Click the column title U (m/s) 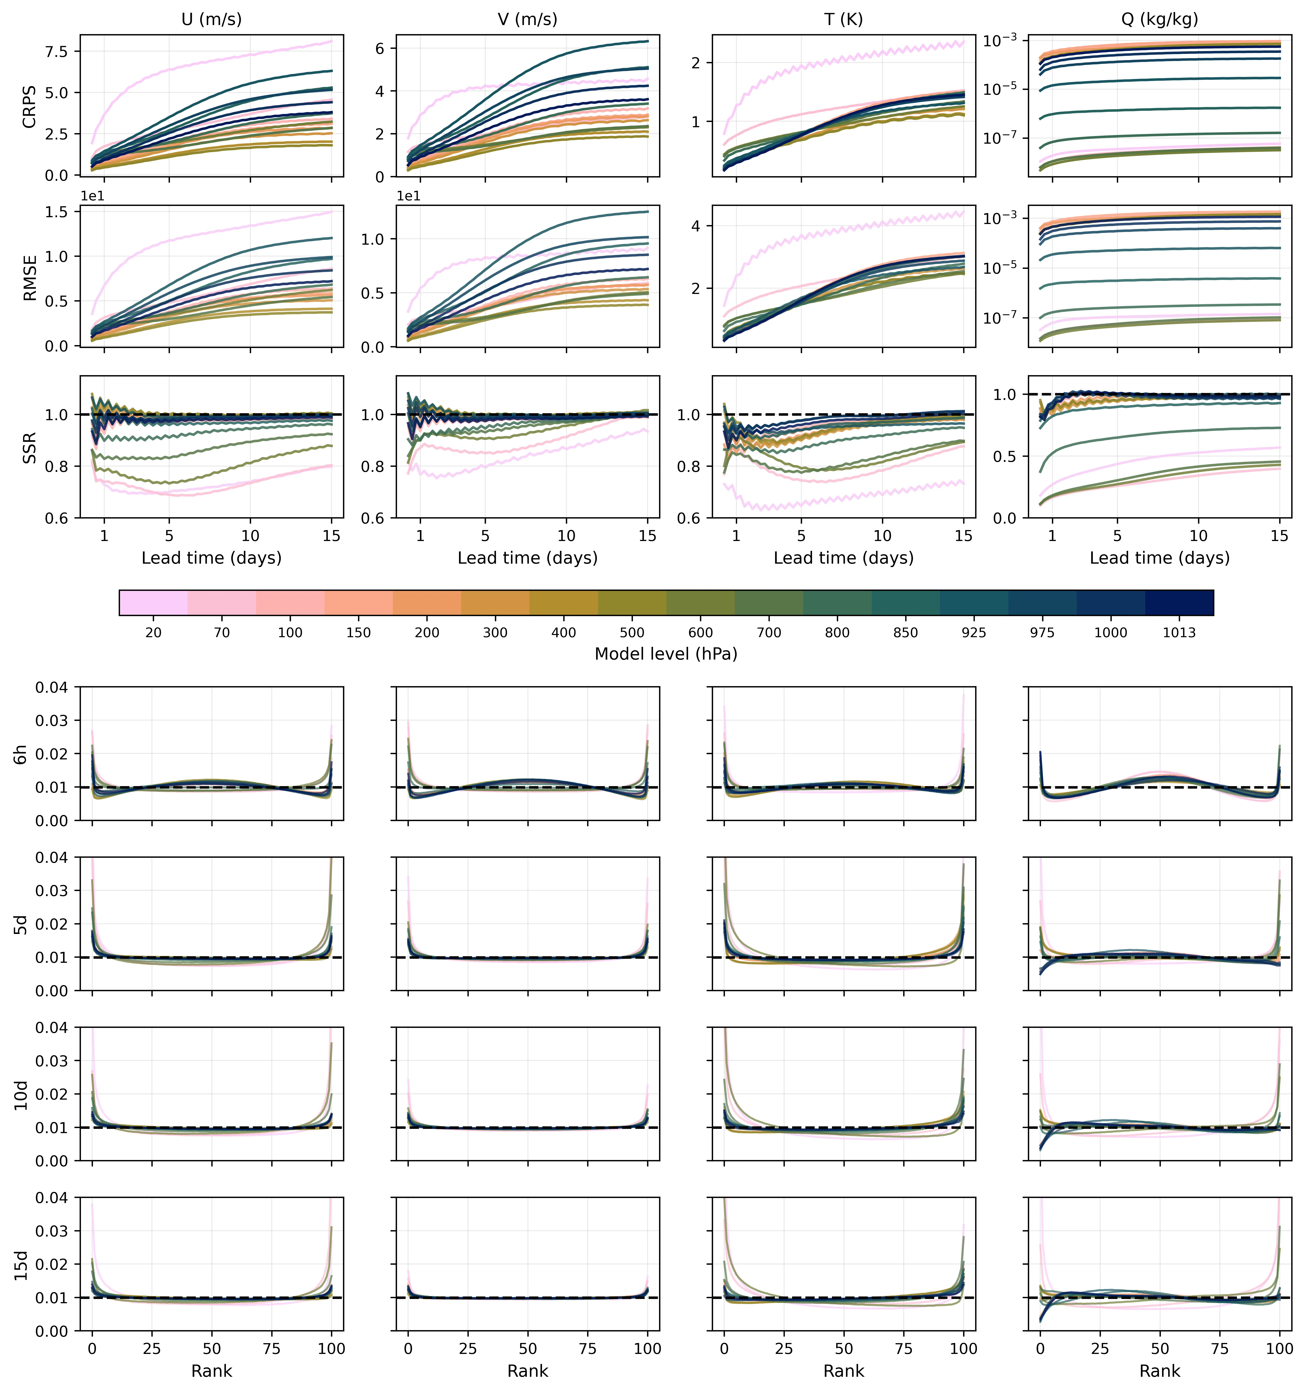pyautogui.click(x=211, y=19)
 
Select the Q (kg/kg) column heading pyautogui.click(x=1160, y=19)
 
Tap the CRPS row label pyautogui.click(x=29, y=106)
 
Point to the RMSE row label pyautogui.click(x=29, y=277)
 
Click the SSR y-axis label pyautogui.click(x=29, y=448)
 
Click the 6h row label pyautogui.click(x=21, y=754)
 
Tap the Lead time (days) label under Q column pyautogui.click(x=1160, y=558)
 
